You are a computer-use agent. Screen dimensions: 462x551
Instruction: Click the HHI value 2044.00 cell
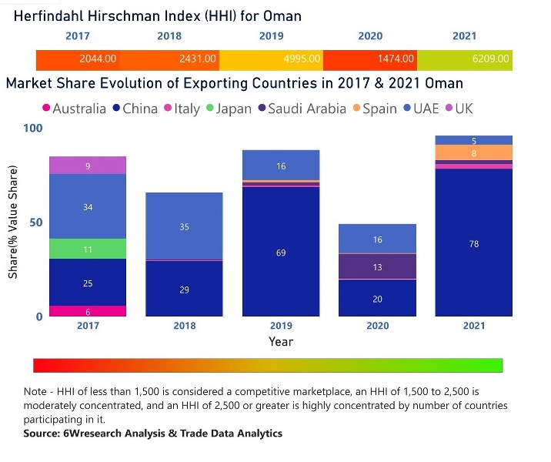78,59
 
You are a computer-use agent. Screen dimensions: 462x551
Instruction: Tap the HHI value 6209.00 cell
464,59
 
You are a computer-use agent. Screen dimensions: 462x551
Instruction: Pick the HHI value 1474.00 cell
370,59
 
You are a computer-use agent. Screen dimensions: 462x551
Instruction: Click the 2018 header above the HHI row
169,36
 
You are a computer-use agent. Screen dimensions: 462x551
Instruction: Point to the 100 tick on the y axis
32,128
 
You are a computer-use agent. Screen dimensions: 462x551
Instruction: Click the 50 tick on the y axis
35,223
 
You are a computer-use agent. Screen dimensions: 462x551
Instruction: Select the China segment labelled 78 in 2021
474,243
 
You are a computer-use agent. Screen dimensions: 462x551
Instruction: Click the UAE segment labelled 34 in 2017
88,206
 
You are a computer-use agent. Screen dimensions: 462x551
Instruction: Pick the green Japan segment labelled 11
88,249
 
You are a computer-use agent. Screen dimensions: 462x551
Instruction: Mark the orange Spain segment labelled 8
474,152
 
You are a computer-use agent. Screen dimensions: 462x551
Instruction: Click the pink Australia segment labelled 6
88,311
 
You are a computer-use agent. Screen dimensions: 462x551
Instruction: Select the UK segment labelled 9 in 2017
88,166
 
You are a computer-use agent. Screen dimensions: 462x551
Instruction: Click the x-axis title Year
281,341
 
